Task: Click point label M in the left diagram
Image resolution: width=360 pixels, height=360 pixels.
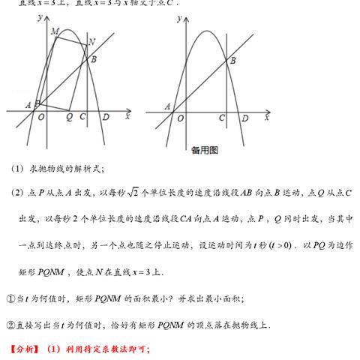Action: [x=55, y=32]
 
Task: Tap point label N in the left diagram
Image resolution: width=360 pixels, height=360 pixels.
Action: [x=91, y=42]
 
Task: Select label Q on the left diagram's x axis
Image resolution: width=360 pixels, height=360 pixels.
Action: [x=69, y=117]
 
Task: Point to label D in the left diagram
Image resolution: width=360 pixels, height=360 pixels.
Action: [x=106, y=117]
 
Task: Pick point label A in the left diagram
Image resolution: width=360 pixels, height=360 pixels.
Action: [x=28, y=104]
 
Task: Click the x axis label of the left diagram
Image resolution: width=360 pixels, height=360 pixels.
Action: [x=127, y=116]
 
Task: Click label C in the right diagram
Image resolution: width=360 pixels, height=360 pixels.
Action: [x=222, y=118]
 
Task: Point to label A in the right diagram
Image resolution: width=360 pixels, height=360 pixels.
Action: [x=166, y=106]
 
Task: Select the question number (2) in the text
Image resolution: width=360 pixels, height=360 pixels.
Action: [x=18, y=193]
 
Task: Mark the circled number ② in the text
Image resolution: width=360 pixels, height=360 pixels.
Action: [x=10, y=325]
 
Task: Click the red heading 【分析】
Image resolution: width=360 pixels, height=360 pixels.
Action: [x=24, y=349]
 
